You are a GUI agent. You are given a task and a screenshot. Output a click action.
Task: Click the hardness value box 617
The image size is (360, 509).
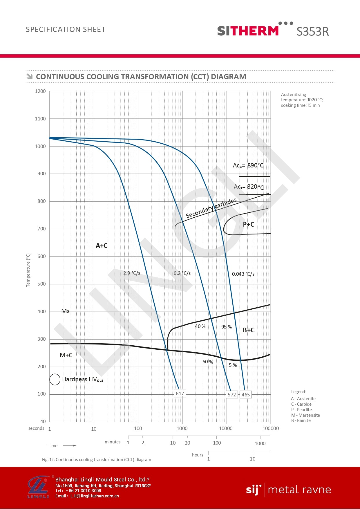[180, 394]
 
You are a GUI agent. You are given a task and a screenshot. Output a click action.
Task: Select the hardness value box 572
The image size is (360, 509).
[232, 395]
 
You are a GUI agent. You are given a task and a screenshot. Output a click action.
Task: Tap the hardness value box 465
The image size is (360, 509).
[246, 395]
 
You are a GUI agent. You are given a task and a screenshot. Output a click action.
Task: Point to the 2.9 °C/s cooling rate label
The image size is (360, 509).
[132, 273]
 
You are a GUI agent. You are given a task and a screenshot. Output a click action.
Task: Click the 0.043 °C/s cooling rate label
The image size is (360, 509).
[243, 274]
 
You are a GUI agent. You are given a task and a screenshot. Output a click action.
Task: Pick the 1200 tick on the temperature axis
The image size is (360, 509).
[40, 91]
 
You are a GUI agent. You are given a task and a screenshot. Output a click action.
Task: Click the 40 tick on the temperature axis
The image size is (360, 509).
[43, 421]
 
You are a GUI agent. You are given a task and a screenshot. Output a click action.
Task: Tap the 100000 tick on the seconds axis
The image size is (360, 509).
[271, 428]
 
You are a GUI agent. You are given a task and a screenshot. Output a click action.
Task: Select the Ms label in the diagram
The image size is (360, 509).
[66, 311]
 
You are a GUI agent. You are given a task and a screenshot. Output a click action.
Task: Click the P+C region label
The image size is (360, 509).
[248, 224]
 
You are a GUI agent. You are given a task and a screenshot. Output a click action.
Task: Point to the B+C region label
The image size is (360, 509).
[249, 330]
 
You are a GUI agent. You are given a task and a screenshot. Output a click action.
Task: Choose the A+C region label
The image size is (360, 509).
[102, 246]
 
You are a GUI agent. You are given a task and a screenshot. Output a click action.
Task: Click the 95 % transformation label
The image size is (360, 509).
[227, 327]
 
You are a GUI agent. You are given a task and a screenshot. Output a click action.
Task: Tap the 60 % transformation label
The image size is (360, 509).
[208, 362]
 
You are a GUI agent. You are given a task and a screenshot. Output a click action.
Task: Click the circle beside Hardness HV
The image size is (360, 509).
[55, 379]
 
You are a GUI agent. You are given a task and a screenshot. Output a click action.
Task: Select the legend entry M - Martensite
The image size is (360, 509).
[305, 415]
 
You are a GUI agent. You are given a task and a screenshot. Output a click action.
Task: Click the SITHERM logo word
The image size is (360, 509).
[248, 31]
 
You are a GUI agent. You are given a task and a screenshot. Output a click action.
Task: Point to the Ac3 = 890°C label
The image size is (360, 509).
[248, 165]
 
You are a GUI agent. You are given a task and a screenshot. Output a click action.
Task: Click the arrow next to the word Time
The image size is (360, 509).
[70, 445]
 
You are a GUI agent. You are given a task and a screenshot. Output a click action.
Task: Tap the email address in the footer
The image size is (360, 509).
[95, 496]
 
